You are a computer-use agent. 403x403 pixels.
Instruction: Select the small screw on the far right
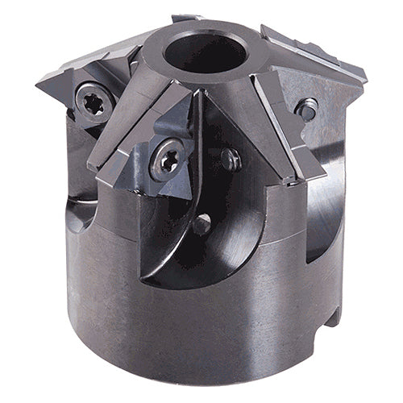click(307, 107)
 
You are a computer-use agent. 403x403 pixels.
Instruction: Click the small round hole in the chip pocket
click(201, 222)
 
